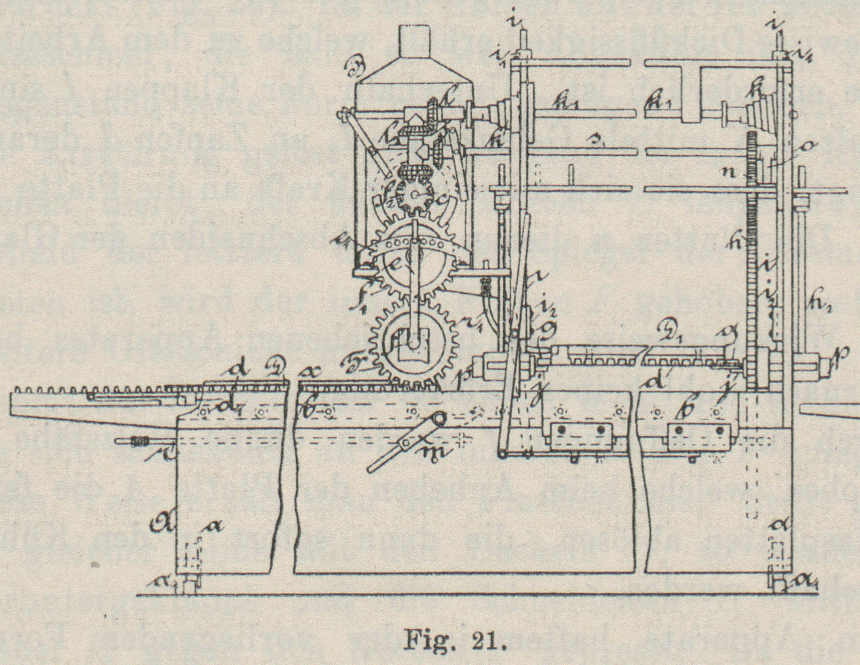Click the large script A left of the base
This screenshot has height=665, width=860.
tap(164, 524)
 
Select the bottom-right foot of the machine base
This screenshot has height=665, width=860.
tap(778, 584)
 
